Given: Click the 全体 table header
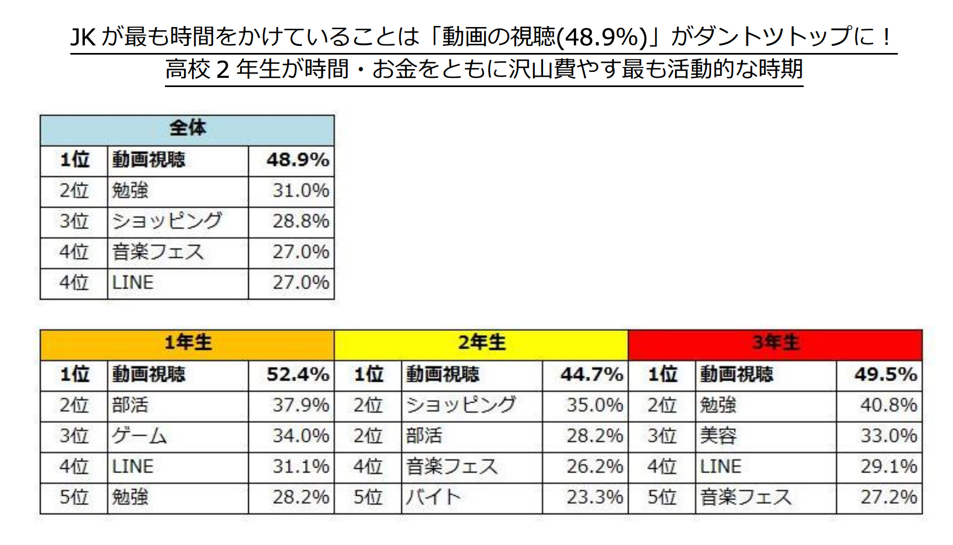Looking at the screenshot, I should (187, 129).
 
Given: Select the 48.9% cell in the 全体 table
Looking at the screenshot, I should (297, 160).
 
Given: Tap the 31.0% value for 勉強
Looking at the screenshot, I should (300, 190).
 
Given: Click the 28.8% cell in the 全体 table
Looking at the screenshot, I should (300, 221).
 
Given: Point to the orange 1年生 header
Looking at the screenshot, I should (187, 343).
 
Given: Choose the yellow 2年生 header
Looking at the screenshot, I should (481, 343).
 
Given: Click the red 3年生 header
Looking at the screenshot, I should (775, 343).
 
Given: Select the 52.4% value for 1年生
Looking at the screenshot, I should (297, 374).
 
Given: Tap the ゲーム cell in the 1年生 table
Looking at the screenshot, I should (140, 436).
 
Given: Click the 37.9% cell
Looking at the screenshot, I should (300, 405).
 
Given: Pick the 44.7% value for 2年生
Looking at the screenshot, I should (591, 374).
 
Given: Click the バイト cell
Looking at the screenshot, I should (433, 497).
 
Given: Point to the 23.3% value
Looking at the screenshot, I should (594, 497).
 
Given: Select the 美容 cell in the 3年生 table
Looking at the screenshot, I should (718, 436).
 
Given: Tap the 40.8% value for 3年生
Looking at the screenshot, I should (888, 405).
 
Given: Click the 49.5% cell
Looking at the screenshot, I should (885, 374).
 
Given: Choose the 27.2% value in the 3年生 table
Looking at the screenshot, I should (888, 497).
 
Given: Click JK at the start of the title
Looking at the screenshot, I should (83, 37).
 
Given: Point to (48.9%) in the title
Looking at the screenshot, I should (601, 37).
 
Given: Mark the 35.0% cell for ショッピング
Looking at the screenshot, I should (594, 405).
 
